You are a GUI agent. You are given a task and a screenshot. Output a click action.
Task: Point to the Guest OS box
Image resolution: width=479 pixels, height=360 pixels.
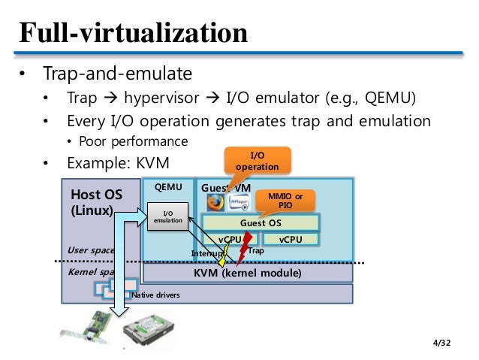pyautogui.click(x=261, y=223)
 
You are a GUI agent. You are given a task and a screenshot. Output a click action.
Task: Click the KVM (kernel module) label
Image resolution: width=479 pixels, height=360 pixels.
pyautogui.click(x=247, y=273)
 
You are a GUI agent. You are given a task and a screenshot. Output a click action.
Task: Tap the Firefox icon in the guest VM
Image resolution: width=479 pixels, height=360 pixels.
pyautogui.click(x=215, y=202)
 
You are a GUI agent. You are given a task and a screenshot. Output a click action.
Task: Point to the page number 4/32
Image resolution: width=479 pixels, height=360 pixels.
pyautogui.click(x=444, y=343)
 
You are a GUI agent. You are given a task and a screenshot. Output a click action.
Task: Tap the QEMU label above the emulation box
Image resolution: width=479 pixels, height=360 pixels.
pyautogui.click(x=167, y=187)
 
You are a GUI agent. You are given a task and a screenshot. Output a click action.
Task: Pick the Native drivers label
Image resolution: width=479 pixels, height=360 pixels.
pyautogui.click(x=155, y=295)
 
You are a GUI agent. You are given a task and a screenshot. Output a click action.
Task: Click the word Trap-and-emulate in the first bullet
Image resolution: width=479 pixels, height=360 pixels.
pyautogui.click(x=117, y=74)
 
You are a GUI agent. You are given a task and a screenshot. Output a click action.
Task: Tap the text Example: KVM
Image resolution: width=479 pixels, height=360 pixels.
pyautogui.click(x=117, y=162)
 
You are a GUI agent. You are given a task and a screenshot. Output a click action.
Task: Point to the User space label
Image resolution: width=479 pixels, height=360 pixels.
pyautogui.click(x=90, y=250)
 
